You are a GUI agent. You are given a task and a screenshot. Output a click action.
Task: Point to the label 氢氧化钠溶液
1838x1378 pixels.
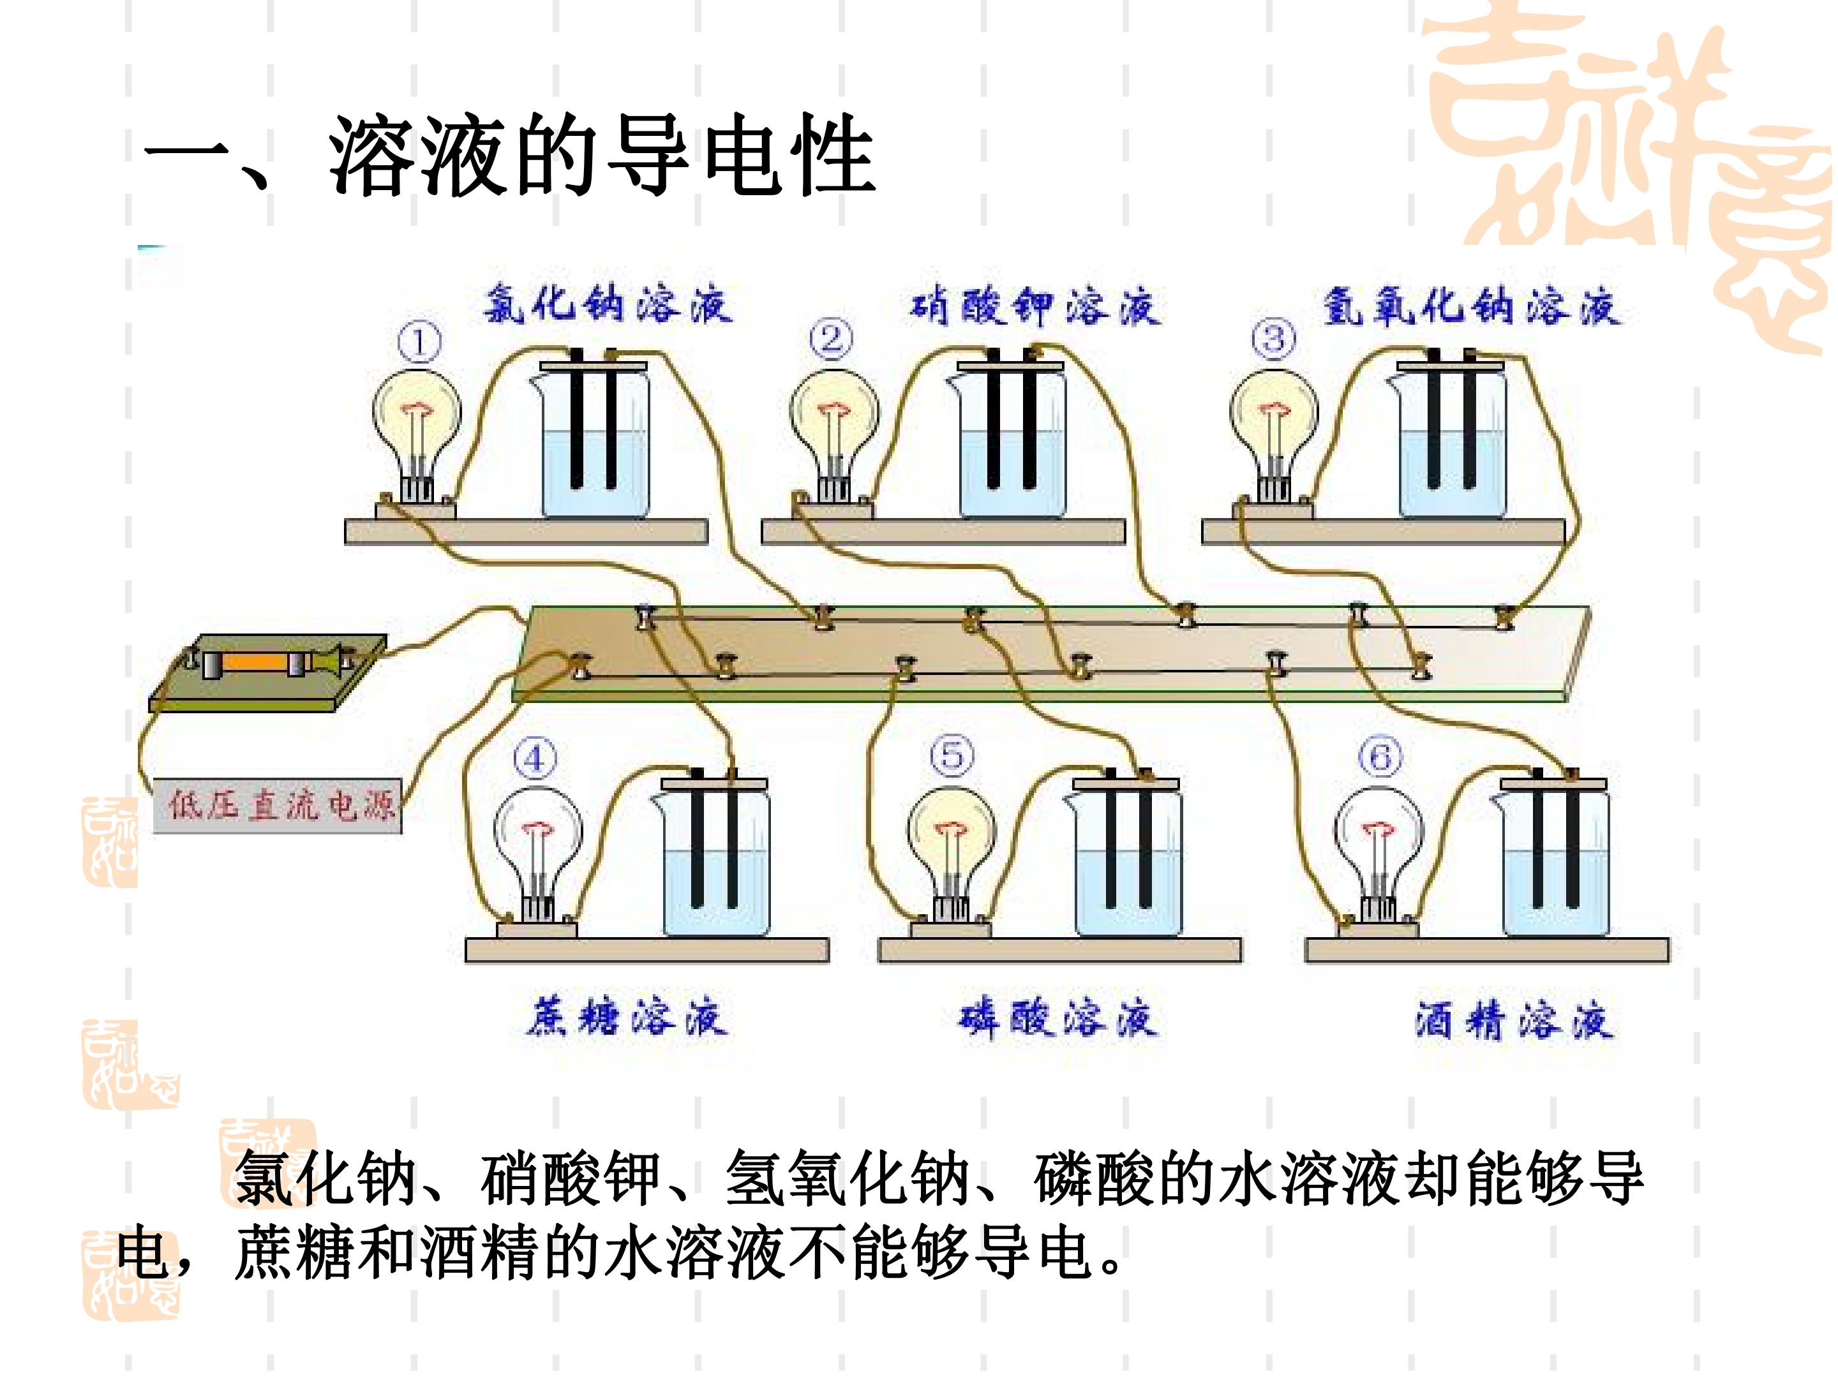[x=1471, y=306]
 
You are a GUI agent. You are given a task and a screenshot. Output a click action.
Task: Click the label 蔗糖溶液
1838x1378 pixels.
[x=627, y=1017]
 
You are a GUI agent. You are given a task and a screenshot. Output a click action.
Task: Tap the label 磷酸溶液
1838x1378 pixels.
[x=1057, y=1018]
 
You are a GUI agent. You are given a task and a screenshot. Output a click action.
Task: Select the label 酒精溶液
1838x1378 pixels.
[x=1514, y=1020]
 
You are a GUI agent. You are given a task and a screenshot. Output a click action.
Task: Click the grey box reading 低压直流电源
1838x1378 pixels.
[x=278, y=805]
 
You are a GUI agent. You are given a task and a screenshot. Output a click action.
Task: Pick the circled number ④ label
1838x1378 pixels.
[x=534, y=759]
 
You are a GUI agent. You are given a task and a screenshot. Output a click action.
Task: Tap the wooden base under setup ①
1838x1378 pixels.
[x=526, y=531]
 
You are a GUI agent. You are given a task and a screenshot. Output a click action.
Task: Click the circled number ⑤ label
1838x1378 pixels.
[x=952, y=756]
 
